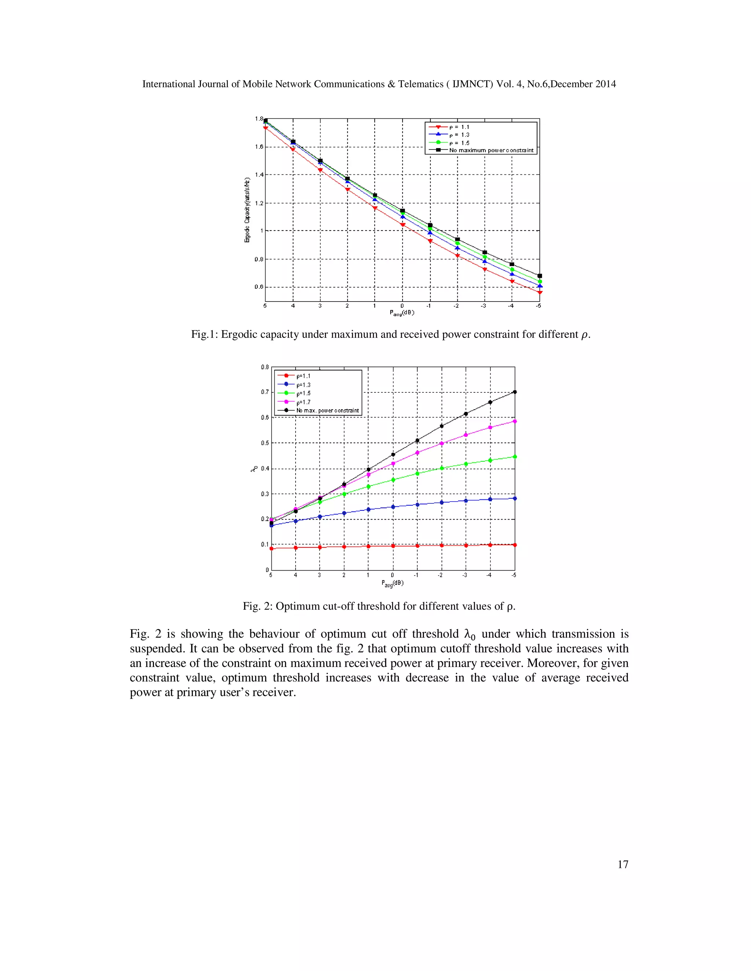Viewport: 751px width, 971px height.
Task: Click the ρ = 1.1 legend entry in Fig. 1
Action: [458, 127]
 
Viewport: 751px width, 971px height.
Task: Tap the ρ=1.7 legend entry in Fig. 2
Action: [303, 402]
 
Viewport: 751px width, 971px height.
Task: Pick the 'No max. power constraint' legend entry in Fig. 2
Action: [327, 410]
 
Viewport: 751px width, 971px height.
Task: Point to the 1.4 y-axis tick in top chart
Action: [259, 175]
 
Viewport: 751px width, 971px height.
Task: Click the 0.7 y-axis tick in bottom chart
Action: [265, 392]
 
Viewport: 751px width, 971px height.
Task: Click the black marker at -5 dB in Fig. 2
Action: [515, 392]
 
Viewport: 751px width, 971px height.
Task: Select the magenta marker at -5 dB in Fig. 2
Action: [515, 421]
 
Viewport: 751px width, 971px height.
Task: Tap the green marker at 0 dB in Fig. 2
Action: [393, 480]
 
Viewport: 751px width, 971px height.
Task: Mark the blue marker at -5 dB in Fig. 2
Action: [515, 498]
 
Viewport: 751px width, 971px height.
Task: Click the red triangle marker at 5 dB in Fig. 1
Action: [265, 128]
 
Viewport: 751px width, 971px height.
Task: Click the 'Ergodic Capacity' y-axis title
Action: [247, 210]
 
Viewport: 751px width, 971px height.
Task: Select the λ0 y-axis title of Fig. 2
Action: [254, 468]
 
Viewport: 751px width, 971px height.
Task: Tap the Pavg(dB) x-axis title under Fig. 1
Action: [402, 313]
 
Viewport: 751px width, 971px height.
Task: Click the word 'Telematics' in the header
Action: [421, 84]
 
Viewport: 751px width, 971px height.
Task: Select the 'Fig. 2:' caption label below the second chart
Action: [257, 606]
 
